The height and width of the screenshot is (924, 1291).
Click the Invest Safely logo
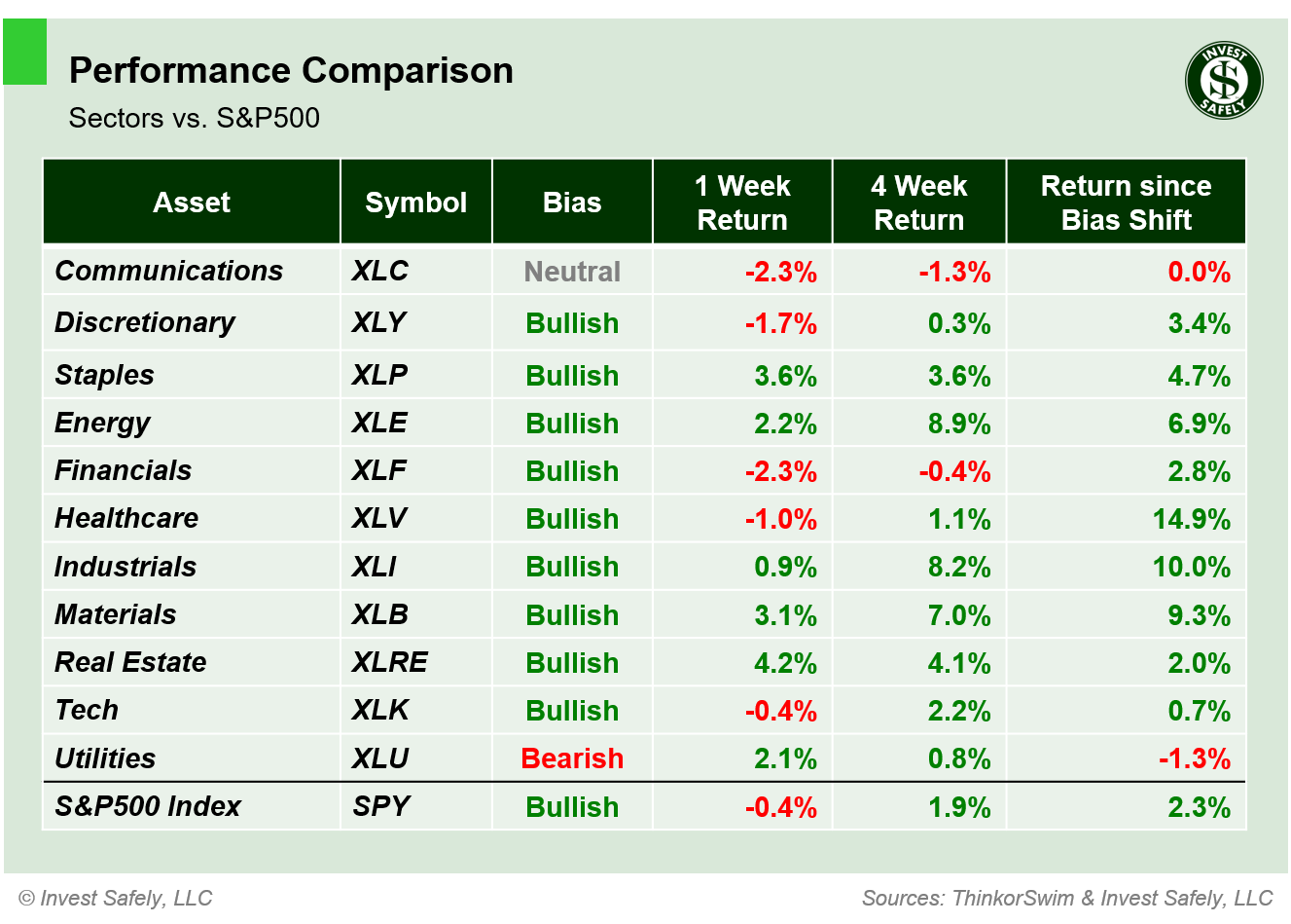[1224, 81]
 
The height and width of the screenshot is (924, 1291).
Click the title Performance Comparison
[291, 71]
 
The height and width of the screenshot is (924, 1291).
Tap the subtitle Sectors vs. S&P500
[194, 118]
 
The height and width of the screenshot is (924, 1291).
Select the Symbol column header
[415, 203]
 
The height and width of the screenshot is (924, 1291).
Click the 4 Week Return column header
[918, 203]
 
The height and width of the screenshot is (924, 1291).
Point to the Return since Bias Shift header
[1126, 203]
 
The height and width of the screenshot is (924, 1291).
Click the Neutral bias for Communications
[572, 272]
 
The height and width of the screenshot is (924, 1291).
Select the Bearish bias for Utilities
[572, 758]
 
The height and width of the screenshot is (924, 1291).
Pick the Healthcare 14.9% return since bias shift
[1191, 519]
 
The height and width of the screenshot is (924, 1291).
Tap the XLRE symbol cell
[389, 662]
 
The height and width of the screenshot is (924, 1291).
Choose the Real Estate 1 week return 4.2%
[785, 663]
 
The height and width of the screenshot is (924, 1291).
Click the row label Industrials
[126, 567]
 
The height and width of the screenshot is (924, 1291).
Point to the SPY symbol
[380, 806]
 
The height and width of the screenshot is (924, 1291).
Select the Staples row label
[104, 375]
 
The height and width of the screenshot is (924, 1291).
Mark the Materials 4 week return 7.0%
[958, 615]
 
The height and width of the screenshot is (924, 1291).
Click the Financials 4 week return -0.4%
[954, 471]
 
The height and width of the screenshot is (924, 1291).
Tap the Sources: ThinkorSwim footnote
[1067, 898]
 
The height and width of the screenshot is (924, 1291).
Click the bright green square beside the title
[24, 52]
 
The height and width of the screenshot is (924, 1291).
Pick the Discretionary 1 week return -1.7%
[780, 323]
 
